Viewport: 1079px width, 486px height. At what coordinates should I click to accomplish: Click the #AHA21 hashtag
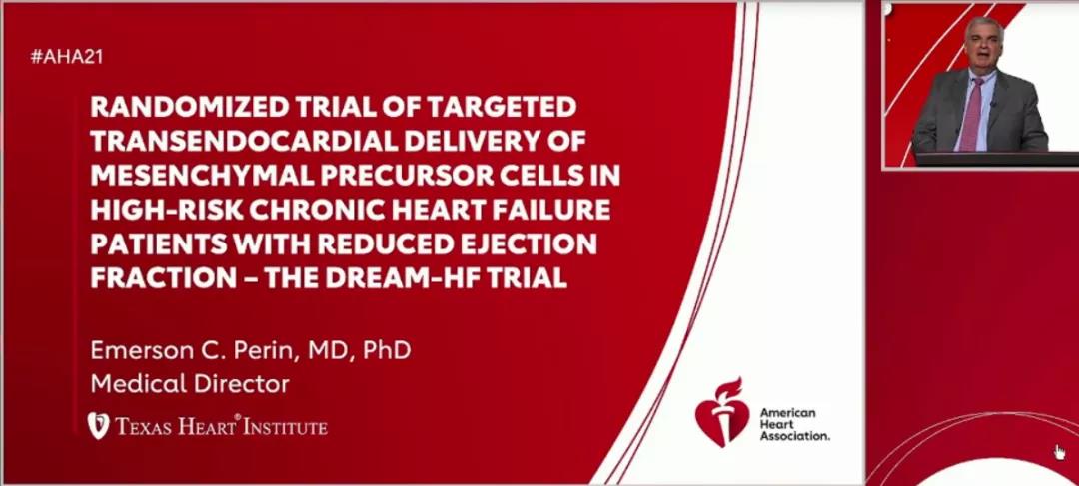(x=67, y=57)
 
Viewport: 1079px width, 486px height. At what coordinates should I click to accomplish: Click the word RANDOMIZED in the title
(x=176, y=107)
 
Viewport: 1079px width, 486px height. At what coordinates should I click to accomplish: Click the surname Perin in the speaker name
(x=249, y=350)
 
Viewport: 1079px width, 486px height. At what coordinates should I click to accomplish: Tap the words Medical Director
(x=190, y=384)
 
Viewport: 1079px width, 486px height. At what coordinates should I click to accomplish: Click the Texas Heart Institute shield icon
(x=98, y=425)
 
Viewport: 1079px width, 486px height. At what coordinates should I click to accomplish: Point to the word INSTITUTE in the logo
(x=287, y=427)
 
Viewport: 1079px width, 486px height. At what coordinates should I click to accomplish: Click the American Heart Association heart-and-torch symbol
(x=721, y=411)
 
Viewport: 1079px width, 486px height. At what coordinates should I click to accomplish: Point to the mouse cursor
(x=1060, y=452)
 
